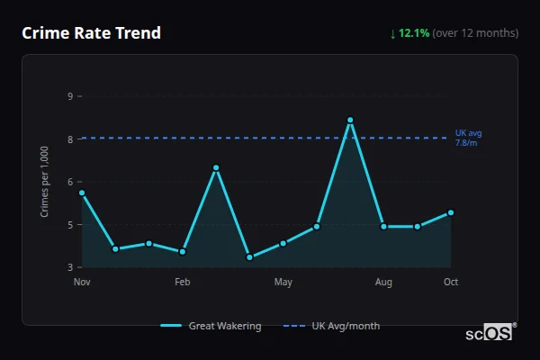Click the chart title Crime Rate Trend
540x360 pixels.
click(92, 33)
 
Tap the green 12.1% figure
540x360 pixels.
click(415, 33)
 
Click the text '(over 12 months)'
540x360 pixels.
click(475, 33)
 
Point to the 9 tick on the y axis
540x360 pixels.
click(70, 95)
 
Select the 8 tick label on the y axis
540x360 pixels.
click(70, 139)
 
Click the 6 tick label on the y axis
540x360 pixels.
click(70, 181)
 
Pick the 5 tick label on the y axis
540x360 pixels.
click(70, 224)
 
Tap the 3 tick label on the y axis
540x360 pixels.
click(70, 267)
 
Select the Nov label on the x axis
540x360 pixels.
click(82, 283)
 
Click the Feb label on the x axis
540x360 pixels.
click(183, 283)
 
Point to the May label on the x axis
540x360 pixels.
click(283, 283)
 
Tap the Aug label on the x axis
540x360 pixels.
click(383, 283)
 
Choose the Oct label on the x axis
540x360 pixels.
click(451, 283)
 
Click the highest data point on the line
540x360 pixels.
click(350, 120)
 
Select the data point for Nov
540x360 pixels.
click(82, 193)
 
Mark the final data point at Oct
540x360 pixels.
click(451, 212)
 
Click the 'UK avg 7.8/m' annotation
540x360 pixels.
click(468, 138)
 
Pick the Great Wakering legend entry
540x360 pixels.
click(211, 326)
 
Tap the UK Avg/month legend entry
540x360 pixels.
click(332, 326)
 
